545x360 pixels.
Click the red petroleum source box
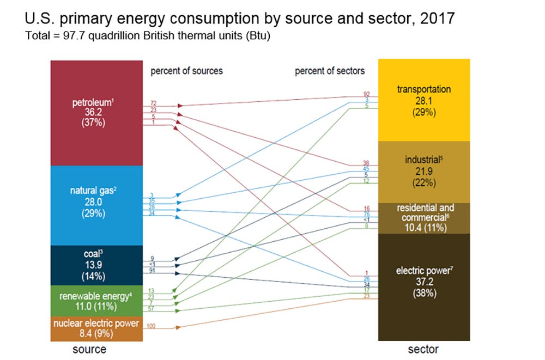coord(96,113)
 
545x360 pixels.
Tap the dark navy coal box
coord(96,265)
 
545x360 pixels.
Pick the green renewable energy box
coord(96,301)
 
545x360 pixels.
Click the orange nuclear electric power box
coord(96,328)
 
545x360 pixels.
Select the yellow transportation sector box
coord(423,100)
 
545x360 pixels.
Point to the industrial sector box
coord(423,171)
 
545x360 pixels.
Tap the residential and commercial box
coord(423,218)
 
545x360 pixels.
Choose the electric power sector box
coord(423,286)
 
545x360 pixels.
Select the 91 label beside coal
coord(154,270)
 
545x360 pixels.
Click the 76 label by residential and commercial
coord(366,214)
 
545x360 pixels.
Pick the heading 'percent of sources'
coord(186,71)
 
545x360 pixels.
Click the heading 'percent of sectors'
coord(330,71)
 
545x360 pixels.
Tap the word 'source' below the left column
coord(89,349)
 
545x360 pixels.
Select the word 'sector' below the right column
coord(423,349)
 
